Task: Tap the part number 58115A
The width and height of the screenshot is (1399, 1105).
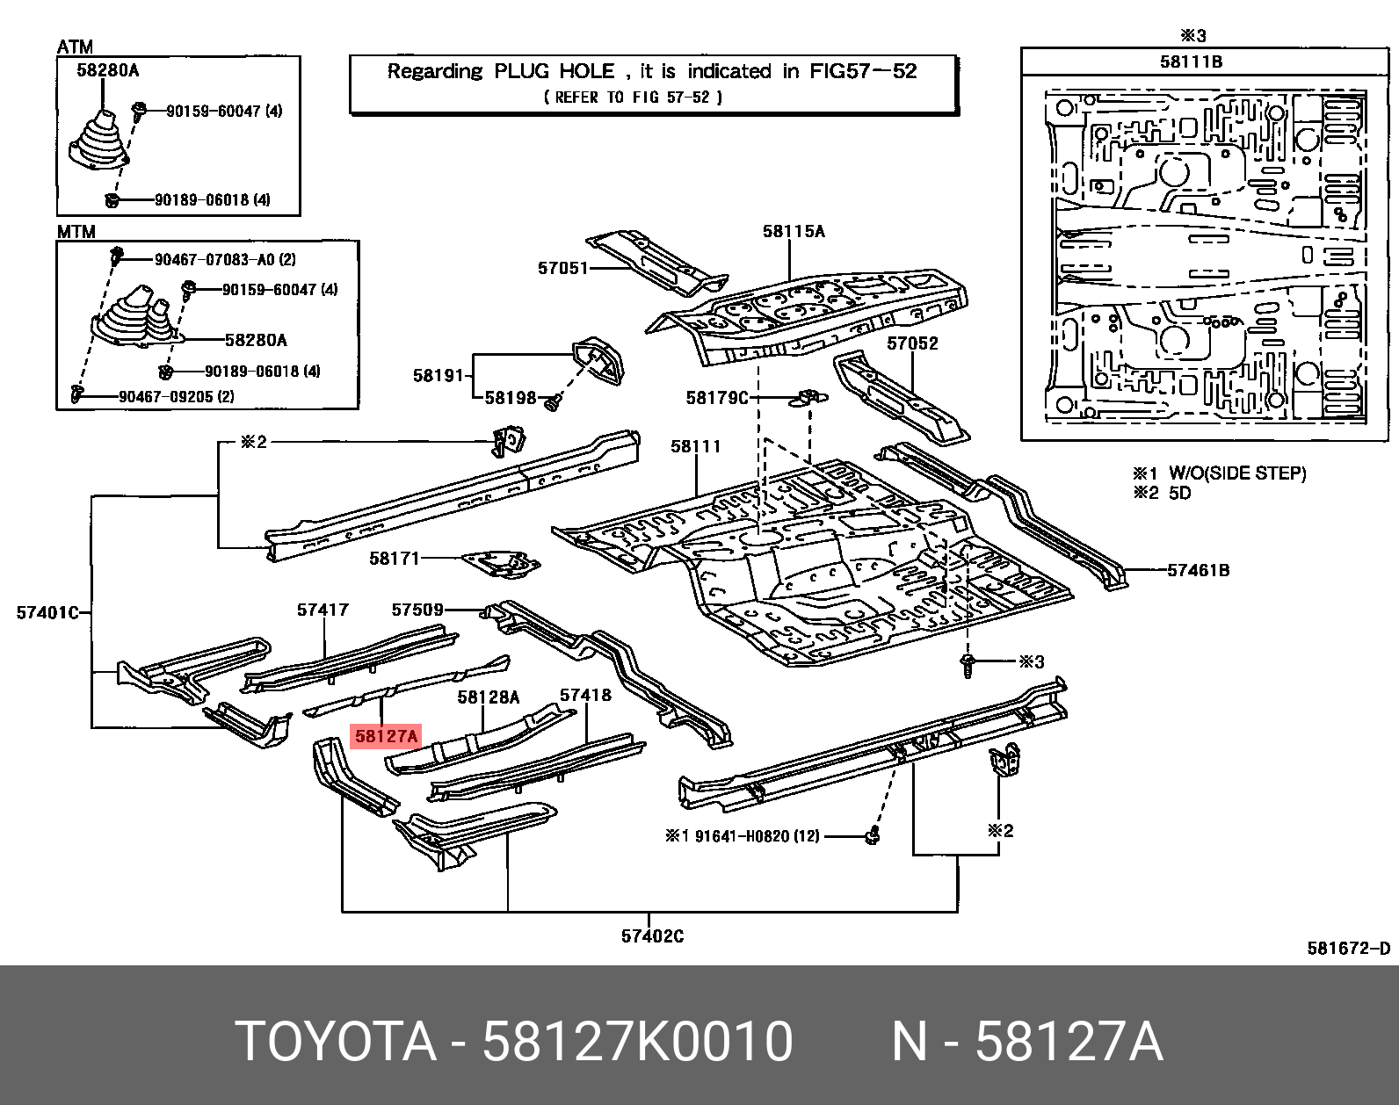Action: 794,231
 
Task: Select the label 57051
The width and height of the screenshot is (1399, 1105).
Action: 562,268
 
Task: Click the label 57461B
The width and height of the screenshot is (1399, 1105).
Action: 1198,570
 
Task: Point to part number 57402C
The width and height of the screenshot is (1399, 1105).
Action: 652,936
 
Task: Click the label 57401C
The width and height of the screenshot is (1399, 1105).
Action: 47,612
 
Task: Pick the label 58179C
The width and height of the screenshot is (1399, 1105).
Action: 717,398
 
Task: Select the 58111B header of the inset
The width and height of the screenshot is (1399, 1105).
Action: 1191,61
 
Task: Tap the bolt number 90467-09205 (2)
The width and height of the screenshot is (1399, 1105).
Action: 176,396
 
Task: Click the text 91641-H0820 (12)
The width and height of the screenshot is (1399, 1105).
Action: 756,836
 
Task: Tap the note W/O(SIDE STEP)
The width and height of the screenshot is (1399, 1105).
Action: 1236,473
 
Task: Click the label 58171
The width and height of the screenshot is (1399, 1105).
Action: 395,558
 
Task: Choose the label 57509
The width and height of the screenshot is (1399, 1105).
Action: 417,609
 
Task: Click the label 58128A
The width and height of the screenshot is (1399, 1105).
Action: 489,697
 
